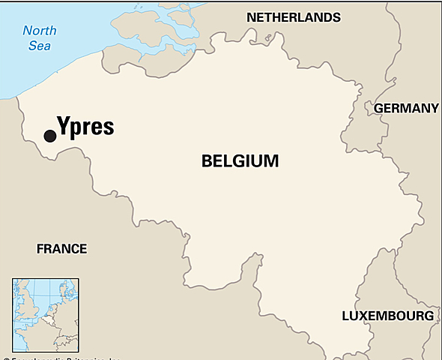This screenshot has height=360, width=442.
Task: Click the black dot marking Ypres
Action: pos(49,136)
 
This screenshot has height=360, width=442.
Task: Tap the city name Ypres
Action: pos(85,126)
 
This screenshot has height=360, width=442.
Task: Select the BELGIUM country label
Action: pos(240,160)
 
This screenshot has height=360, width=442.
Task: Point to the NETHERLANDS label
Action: pos(293,17)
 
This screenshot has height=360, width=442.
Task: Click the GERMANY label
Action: pos(405,108)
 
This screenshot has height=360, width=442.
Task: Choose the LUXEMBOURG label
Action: pos(387,316)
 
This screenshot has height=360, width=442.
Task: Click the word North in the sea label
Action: pos(40,31)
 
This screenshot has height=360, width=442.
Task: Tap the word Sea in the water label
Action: pos(39,47)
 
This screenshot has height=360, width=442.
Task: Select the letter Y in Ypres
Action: pos(63,126)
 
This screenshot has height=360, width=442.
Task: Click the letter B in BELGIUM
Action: pos(207,160)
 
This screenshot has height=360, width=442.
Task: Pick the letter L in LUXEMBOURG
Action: pos(345,316)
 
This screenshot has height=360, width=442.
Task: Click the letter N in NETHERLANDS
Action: pos(252,17)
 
